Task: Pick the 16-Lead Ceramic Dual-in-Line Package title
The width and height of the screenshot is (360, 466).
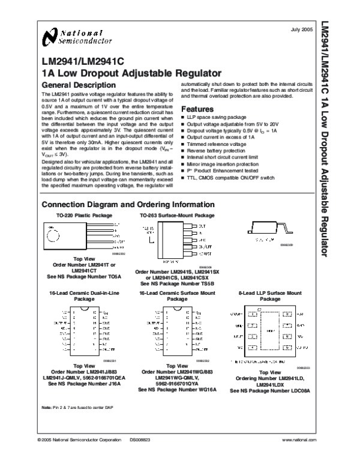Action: coord(71,295)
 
